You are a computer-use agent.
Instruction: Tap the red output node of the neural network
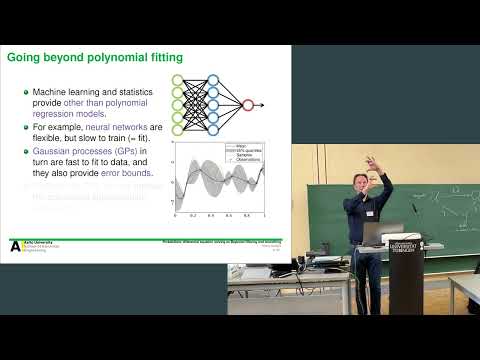coord(249,103)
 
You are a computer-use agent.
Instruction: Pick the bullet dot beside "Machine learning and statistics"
coord(25,93)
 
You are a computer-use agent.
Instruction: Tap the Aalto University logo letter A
coord(14,245)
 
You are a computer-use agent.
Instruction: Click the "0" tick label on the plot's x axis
coord(176,216)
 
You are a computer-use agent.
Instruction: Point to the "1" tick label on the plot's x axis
coord(264,216)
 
